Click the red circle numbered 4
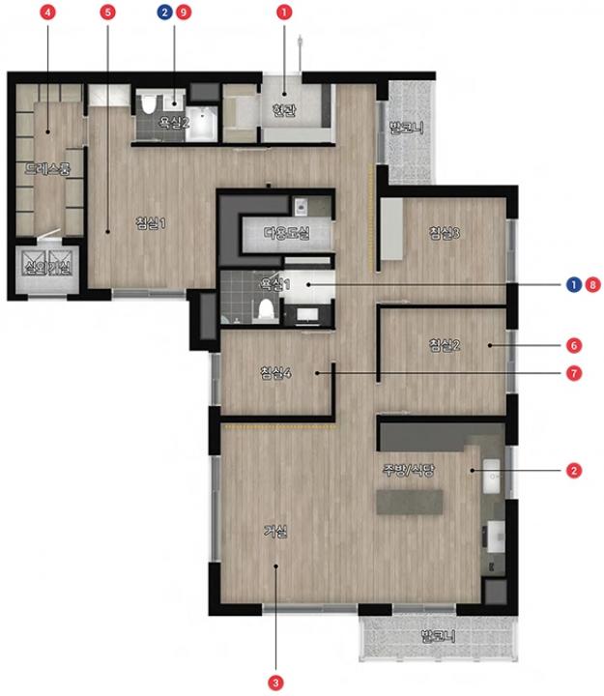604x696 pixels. tap(48, 13)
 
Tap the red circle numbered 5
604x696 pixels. tap(108, 13)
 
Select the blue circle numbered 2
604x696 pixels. tap(165, 13)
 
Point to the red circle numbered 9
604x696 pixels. tap(184, 13)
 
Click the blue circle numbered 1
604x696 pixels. tap(574, 284)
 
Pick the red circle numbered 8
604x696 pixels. tap(592, 284)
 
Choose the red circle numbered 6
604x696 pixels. tap(574, 345)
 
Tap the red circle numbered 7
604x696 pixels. tap(574, 373)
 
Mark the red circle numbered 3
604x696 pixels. tap(275, 682)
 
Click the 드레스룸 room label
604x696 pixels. tap(47, 168)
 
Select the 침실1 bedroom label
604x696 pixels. tap(152, 222)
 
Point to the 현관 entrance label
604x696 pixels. tap(284, 110)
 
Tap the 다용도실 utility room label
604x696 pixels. tap(287, 232)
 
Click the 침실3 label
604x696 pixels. tap(445, 233)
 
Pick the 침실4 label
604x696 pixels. tap(275, 372)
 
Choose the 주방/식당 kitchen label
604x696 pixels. tap(409, 470)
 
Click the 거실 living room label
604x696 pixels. tap(275, 531)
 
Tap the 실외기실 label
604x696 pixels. tap(47, 267)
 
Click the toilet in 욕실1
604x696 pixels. tap(267, 309)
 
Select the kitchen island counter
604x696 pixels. tap(409, 502)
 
